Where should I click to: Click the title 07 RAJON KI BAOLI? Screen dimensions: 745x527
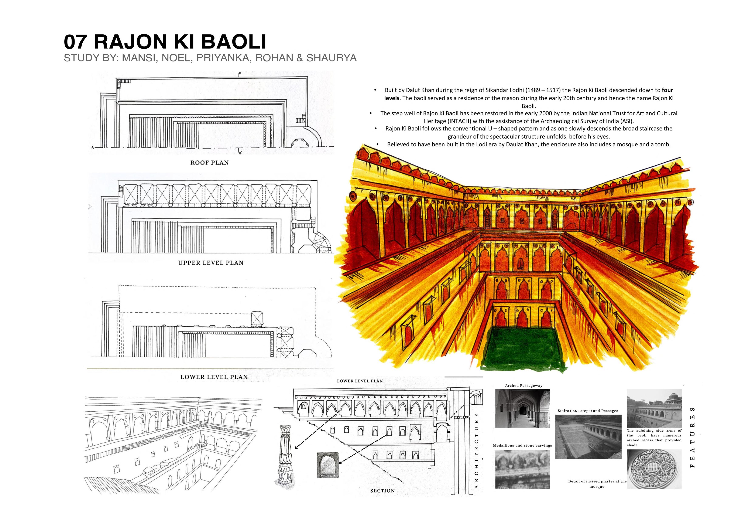(x=165, y=42)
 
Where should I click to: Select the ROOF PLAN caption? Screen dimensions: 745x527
(x=209, y=163)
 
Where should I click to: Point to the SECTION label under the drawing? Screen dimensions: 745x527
(x=382, y=491)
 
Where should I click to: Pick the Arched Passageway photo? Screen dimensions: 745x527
(x=522, y=408)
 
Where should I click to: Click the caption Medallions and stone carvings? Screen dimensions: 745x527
(x=522, y=445)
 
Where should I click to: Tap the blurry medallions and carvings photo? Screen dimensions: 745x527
(x=522, y=469)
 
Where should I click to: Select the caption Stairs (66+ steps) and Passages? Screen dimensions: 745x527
(x=588, y=411)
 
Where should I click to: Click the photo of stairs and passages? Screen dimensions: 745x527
(x=588, y=437)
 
